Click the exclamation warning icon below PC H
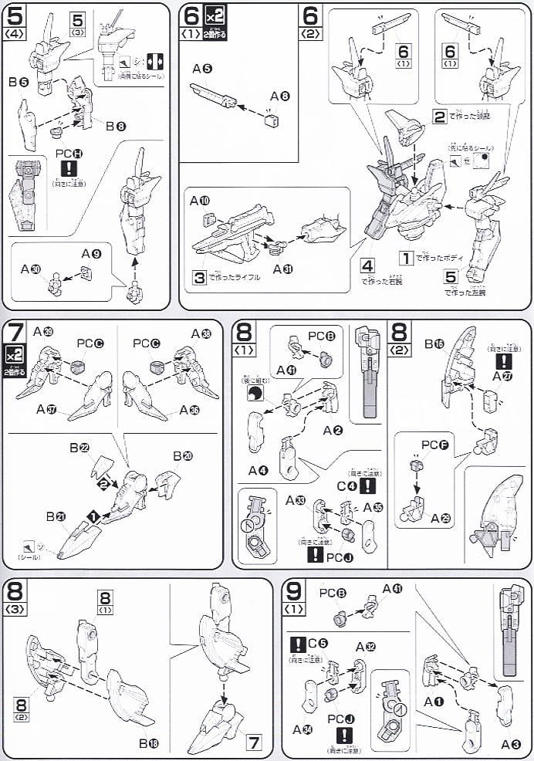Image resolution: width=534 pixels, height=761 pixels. (x=69, y=170)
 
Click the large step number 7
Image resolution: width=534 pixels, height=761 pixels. (x=13, y=333)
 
